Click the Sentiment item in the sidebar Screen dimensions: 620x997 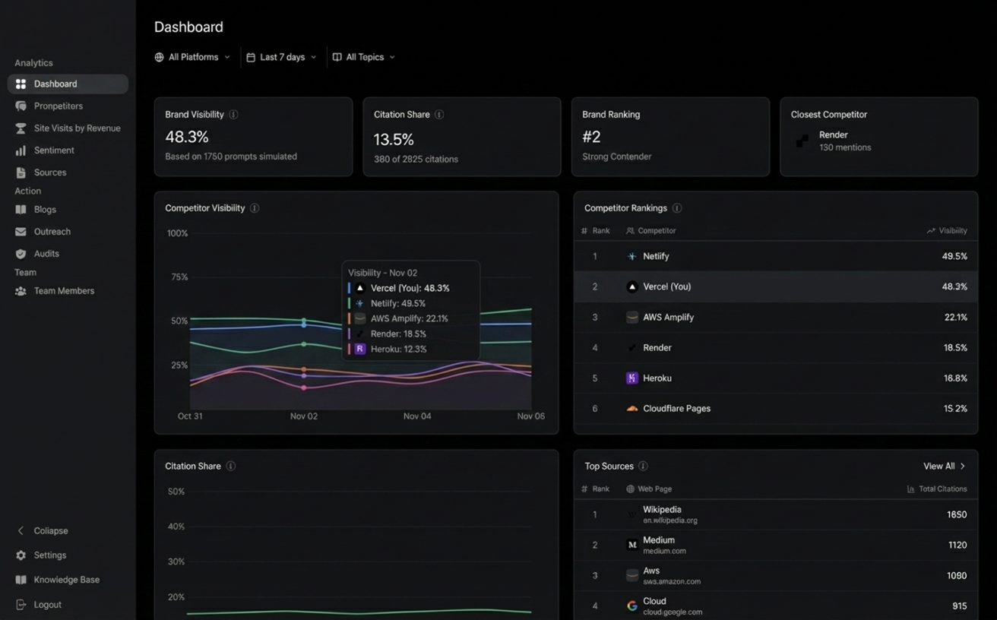[53, 150]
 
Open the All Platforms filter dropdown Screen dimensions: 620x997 [192, 57]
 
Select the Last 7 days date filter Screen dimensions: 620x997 [282, 57]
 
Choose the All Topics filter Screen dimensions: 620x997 [365, 57]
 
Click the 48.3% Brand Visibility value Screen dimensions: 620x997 [187, 137]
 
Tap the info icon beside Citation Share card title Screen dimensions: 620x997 [439, 115]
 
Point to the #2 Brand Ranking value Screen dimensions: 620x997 [591, 137]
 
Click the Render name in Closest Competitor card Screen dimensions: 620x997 [833, 134]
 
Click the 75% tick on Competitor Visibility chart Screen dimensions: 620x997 [179, 277]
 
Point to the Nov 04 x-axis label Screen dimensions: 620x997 [417, 416]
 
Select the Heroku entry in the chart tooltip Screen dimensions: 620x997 [398, 349]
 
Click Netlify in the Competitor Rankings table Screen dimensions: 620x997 [656, 257]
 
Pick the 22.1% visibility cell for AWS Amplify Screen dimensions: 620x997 [955, 318]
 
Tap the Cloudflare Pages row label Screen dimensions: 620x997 [676, 409]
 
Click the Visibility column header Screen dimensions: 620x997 [952, 231]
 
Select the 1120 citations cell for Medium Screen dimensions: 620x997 [956, 546]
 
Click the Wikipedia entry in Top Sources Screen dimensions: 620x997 [662, 510]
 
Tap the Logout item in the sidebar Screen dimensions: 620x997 [47, 605]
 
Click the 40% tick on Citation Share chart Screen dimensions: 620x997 [176, 527]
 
